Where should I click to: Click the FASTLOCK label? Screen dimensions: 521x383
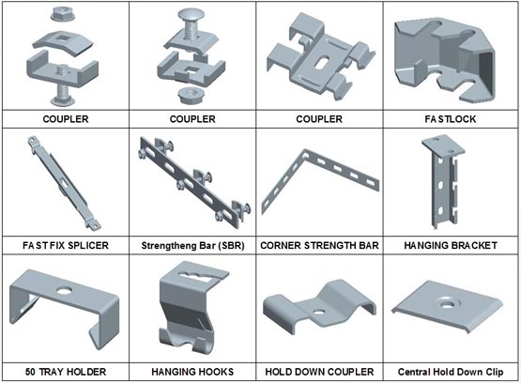click(x=451, y=119)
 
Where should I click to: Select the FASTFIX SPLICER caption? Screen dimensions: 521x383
click(x=66, y=246)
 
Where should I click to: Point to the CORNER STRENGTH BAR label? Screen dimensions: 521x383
click(x=319, y=246)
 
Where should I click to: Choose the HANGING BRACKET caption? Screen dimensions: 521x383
click(x=451, y=246)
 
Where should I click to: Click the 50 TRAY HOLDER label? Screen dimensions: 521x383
click(x=66, y=372)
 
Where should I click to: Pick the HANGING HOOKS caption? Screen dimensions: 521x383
click(x=192, y=372)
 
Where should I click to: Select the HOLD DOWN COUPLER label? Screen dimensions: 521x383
click(x=319, y=372)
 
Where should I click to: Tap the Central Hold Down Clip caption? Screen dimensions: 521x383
click(x=451, y=372)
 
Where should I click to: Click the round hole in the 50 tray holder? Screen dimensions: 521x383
click(x=64, y=291)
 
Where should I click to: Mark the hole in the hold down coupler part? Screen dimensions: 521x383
click(x=319, y=313)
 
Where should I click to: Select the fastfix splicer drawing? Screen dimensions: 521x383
click(x=64, y=183)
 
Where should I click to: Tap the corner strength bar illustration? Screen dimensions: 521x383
click(x=320, y=181)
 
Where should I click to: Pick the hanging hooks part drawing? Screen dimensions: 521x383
click(x=193, y=307)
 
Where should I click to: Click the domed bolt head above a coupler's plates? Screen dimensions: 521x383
click(x=192, y=15)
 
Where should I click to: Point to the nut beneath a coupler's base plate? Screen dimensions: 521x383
click(x=192, y=96)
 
